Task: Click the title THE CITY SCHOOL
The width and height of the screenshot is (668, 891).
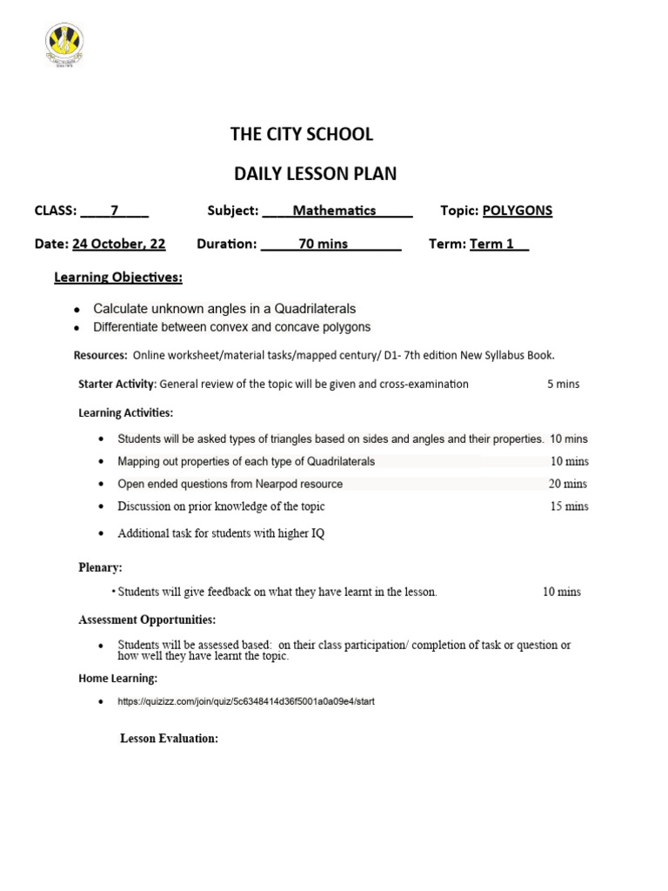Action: [x=301, y=134]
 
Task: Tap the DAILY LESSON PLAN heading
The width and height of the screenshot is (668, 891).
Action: [x=315, y=173]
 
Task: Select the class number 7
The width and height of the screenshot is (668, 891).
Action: [x=114, y=211]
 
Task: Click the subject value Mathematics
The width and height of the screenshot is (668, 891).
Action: [x=334, y=211]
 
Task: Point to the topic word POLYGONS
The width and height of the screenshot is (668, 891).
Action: [x=518, y=211]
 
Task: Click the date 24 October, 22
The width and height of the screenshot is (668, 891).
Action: [x=119, y=244]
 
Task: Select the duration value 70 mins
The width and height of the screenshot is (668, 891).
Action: [x=323, y=244]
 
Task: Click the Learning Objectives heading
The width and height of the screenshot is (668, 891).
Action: [x=118, y=278]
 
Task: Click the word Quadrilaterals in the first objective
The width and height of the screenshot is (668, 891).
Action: [x=315, y=309]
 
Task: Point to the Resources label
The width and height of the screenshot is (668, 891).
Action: [x=100, y=355]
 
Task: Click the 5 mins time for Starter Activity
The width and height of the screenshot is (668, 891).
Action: [x=563, y=384]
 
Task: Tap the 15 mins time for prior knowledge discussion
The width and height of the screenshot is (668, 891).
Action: [x=569, y=506]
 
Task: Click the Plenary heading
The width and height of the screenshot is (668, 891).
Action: [x=100, y=567]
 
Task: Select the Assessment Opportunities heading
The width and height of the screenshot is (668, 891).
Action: [x=147, y=620]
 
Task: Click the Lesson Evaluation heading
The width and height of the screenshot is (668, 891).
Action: [x=169, y=738]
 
